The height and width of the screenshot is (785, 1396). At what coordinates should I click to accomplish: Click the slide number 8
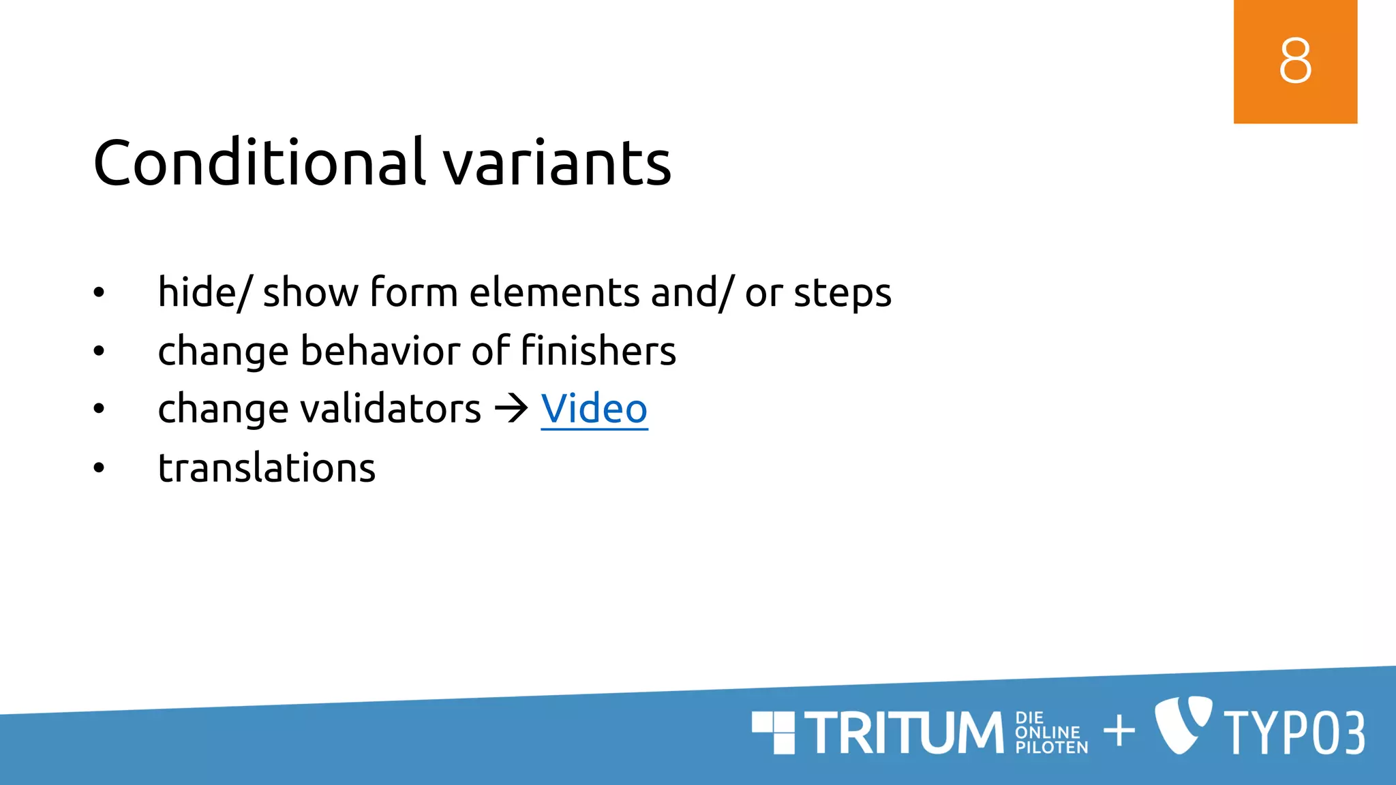click(x=1295, y=61)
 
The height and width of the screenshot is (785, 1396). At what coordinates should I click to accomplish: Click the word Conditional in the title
click(x=259, y=163)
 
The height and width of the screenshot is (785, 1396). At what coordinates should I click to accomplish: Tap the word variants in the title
click(x=558, y=164)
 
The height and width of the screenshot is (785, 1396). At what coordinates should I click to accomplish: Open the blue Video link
click(x=594, y=409)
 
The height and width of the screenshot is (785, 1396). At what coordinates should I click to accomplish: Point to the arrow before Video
click(x=511, y=409)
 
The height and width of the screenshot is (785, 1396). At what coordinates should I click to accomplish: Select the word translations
click(x=267, y=468)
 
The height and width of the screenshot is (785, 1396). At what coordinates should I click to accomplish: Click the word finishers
click(x=598, y=351)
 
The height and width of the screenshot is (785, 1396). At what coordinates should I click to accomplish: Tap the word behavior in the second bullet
click(x=380, y=351)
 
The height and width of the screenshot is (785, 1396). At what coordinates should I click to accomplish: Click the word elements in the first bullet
click(x=554, y=293)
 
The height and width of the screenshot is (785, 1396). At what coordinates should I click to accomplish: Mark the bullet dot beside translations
click(x=100, y=468)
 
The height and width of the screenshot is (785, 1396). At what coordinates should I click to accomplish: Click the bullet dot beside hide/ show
click(x=100, y=293)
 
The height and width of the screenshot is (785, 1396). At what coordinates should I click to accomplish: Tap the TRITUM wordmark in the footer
click(x=904, y=733)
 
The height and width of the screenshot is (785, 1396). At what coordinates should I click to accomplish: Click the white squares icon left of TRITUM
click(x=774, y=733)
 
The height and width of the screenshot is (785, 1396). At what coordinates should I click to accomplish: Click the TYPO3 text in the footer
click(x=1294, y=733)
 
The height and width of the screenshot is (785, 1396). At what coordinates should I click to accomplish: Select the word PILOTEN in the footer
click(x=1051, y=748)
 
